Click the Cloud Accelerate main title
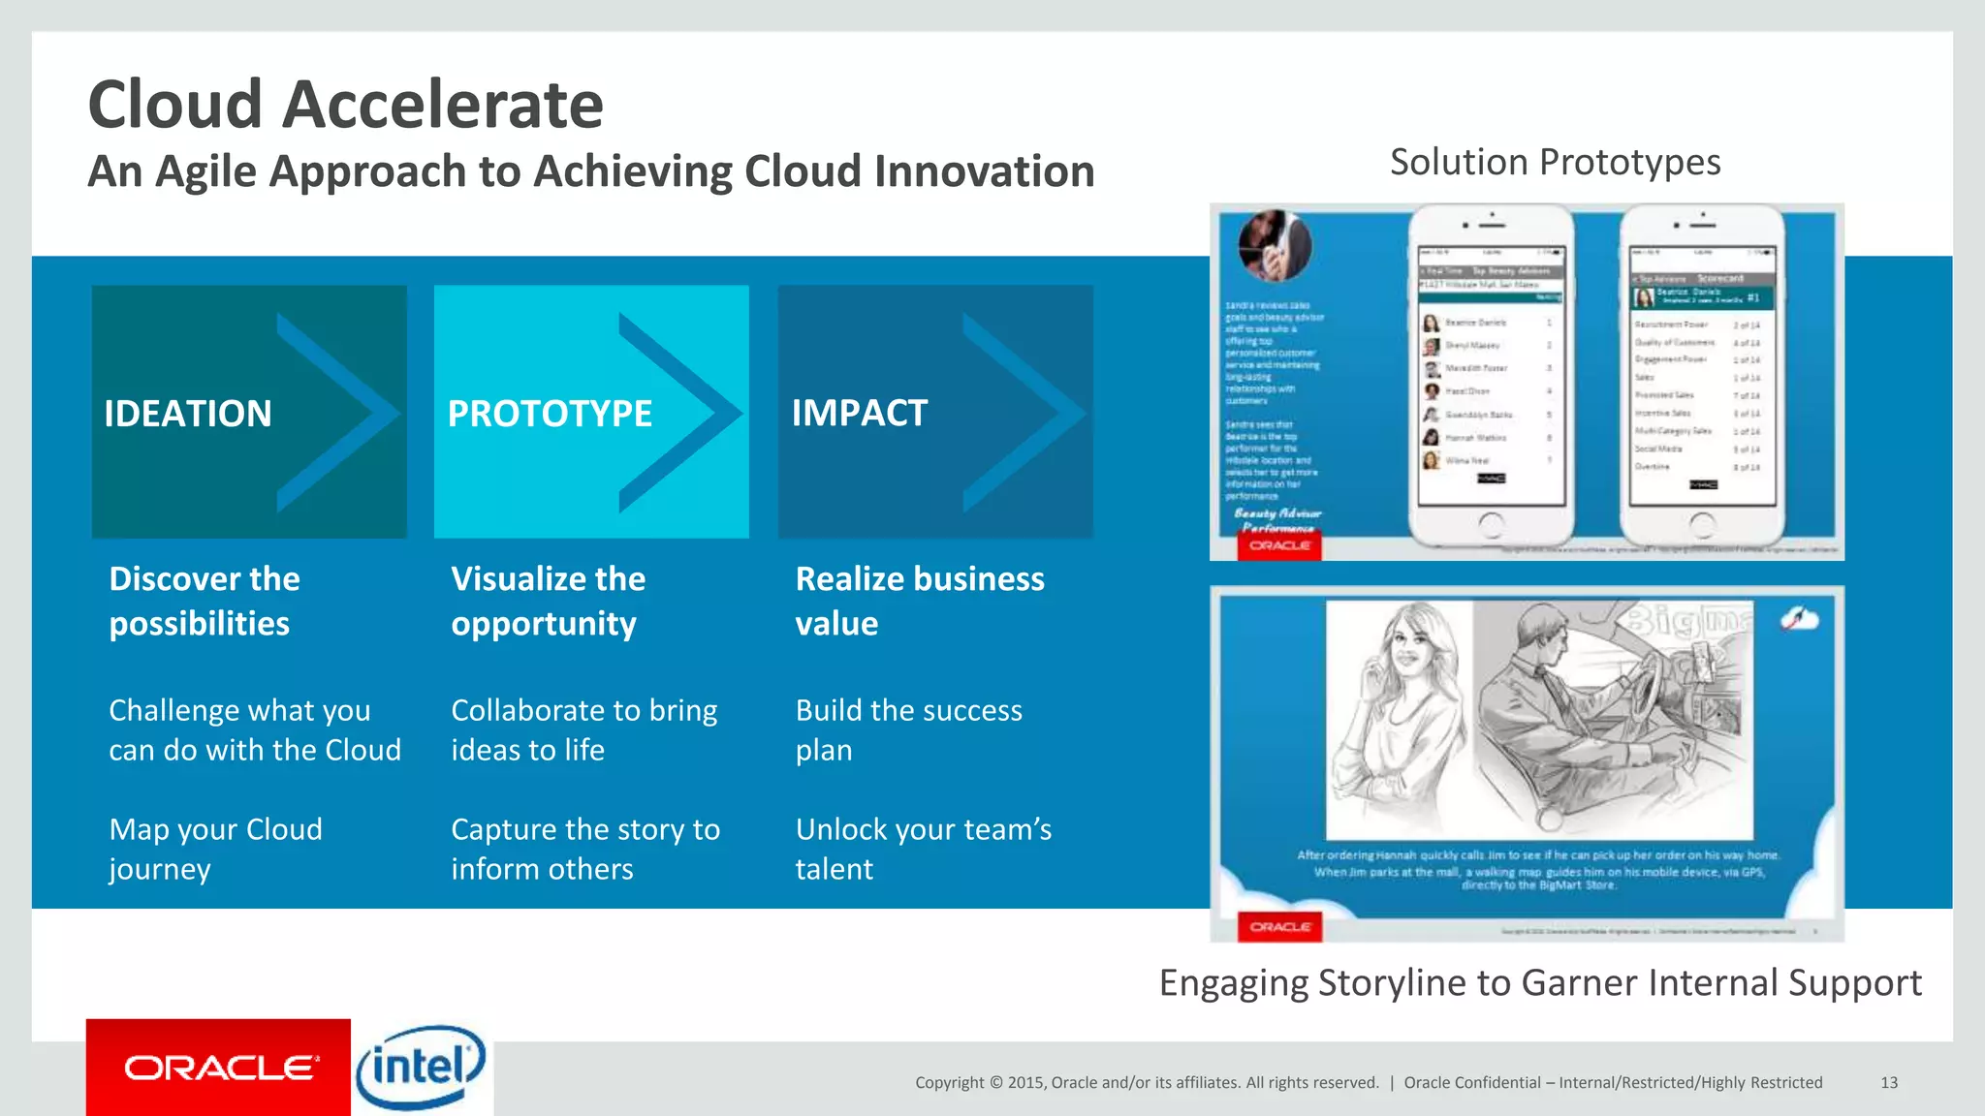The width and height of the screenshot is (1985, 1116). click(x=346, y=105)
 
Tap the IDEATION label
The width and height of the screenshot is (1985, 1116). click(x=188, y=414)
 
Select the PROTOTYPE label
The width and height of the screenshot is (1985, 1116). click(x=550, y=414)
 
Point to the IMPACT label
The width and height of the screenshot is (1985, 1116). click(x=860, y=413)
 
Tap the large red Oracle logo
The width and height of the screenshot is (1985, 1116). click(x=219, y=1068)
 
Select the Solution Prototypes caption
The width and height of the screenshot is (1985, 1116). click(x=1555, y=162)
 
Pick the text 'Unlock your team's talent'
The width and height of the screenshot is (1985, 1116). click(x=923, y=849)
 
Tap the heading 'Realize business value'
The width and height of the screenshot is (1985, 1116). click(x=919, y=601)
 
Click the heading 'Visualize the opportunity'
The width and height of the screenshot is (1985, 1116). click(x=548, y=601)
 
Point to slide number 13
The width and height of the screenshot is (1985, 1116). click(x=1889, y=1082)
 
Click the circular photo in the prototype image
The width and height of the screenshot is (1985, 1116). click(x=1275, y=245)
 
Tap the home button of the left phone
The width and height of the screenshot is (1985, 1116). click(x=1491, y=525)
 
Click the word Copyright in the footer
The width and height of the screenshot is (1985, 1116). click(x=949, y=1082)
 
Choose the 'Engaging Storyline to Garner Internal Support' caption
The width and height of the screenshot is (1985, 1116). click(x=1540, y=982)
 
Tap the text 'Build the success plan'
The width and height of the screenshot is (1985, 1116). click(x=908, y=729)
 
